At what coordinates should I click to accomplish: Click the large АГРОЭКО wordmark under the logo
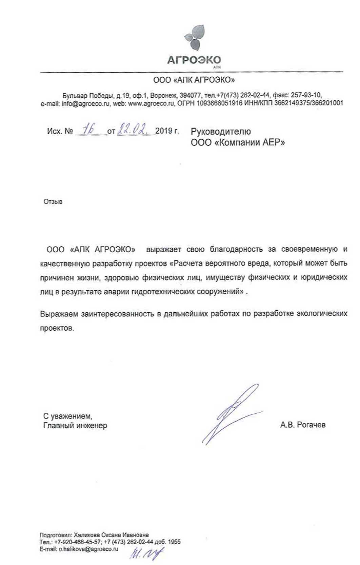pyautogui.click(x=194, y=60)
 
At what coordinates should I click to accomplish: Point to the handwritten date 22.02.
pyautogui.click(x=132, y=129)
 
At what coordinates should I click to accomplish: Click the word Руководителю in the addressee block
pyautogui.click(x=221, y=132)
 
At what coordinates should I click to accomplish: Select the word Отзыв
pyautogui.click(x=53, y=202)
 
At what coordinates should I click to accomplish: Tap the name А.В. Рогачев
pyautogui.click(x=303, y=425)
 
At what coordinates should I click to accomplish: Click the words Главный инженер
pyautogui.click(x=75, y=425)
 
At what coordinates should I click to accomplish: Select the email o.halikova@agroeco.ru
pyautogui.click(x=88, y=549)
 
